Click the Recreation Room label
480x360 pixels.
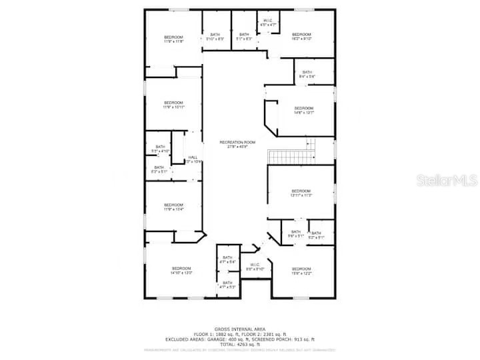pos(238,144)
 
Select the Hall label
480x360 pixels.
pos(193,159)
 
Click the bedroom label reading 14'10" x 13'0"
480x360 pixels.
pos(181,271)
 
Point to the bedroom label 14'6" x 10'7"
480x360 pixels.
pos(304,110)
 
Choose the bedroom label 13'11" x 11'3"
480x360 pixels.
pos(301,193)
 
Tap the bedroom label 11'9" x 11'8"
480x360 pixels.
pos(173,39)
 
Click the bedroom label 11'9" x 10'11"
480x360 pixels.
pos(173,105)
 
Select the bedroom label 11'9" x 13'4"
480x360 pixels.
pos(173,207)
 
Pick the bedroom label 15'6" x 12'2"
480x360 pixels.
pos(301,271)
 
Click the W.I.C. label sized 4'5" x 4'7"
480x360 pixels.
pos(267,23)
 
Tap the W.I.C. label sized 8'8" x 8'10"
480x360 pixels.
pos(255,267)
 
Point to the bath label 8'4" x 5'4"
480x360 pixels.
pos(307,74)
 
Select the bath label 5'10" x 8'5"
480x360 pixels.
pos(215,37)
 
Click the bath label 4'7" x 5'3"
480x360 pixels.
pos(227,285)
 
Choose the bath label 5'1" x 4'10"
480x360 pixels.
pos(160,149)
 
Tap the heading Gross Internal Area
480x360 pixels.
pos(240,329)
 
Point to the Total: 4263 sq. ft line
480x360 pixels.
pos(240,344)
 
